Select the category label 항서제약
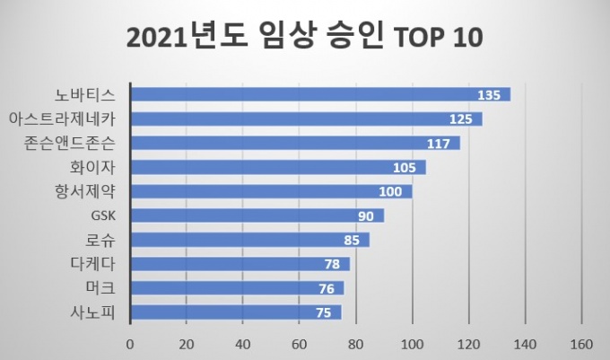point(92,191)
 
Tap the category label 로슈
point(111,240)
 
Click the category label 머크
point(111,288)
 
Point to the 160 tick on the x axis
point(581,343)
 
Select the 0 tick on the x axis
point(130,343)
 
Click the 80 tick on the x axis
point(356,343)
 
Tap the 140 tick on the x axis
point(525,343)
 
